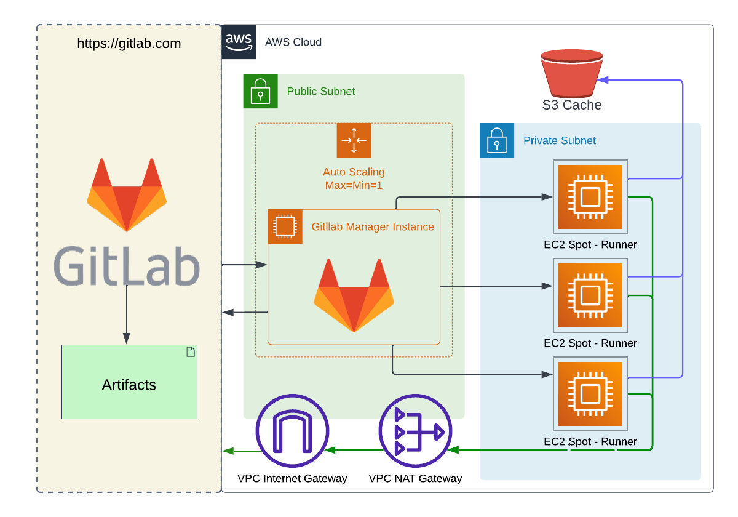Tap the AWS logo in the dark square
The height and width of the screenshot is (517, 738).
click(x=239, y=42)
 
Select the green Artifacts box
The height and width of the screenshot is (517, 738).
click(x=129, y=382)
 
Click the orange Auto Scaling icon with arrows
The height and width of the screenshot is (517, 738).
click(x=354, y=140)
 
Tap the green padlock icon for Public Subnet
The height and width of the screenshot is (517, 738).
click(x=260, y=91)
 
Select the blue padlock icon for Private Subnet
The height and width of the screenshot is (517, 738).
click(x=496, y=140)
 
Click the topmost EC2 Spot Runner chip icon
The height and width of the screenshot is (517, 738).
click(x=590, y=197)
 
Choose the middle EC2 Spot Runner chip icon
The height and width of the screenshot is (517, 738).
click(x=590, y=295)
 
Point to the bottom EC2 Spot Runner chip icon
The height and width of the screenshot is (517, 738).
click(x=590, y=394)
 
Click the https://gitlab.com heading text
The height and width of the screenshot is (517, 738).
click(x=129, y=44)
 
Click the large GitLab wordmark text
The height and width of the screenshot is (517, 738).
click(x=127, y=266)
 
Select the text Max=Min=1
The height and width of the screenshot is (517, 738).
click(x=354, y=185)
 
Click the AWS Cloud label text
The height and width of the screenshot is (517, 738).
click(x=293, y=42)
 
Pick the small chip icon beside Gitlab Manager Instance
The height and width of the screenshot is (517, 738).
click(x=285, y=226)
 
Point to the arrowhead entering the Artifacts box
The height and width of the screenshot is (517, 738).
click(x=126, y=339)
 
